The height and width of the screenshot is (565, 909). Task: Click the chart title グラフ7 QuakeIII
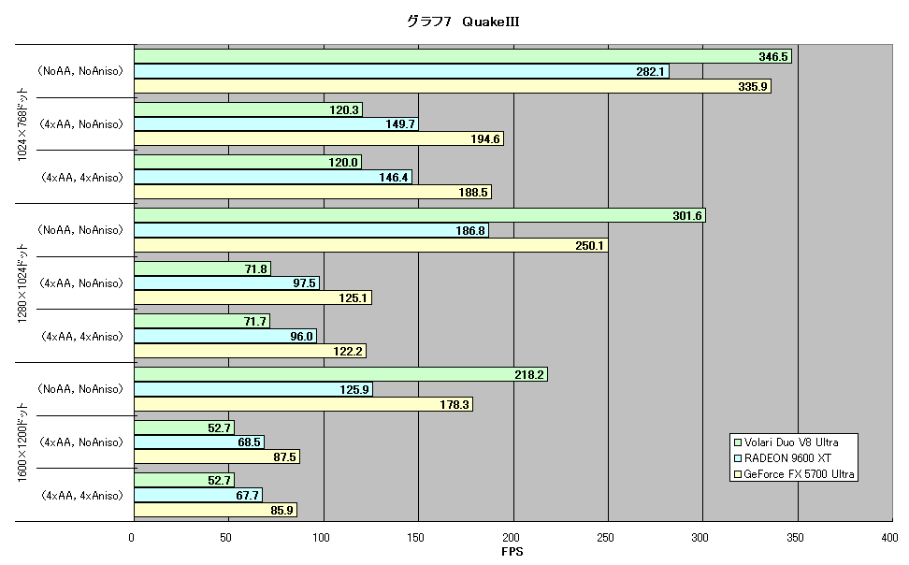point(463,22)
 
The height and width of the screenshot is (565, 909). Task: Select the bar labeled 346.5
point(463,56)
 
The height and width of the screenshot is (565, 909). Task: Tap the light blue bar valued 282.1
point(402,71)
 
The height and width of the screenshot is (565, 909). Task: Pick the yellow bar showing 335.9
point(453,86)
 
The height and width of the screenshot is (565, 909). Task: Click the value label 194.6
point(485,139)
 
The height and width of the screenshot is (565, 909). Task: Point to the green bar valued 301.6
point(420,216)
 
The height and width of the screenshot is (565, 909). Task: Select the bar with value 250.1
point(371,245)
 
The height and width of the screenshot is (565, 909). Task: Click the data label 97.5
point(304,283)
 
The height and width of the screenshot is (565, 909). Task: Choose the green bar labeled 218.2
point(340,374)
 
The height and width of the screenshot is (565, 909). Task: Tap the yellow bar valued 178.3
point(303,404)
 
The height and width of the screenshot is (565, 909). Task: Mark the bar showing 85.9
point(216,511)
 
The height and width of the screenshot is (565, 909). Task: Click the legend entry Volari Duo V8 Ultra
point(786,442)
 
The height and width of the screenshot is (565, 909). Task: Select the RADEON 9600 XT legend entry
point(783,458)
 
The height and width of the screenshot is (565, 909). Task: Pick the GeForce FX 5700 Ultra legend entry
point(794,474)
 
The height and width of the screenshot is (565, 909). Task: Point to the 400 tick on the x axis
point(890,538)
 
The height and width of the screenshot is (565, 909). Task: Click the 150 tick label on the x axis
point(415,538)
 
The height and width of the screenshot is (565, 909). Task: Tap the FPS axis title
point(512,552)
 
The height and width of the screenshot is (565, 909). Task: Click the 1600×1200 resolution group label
point(22,442)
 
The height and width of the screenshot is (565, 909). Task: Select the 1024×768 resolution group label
point(22,124)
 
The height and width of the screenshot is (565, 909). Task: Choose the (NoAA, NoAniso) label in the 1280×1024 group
point(80,230)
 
